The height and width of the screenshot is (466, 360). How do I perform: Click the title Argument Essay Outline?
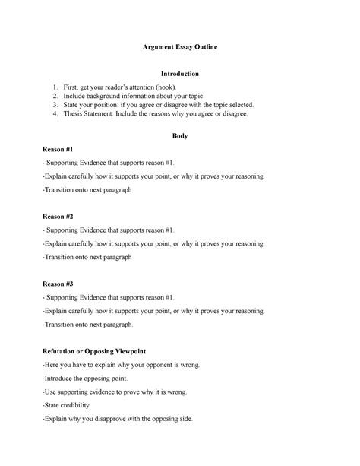coord(180,47)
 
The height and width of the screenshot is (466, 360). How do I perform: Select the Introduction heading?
coord(179,74)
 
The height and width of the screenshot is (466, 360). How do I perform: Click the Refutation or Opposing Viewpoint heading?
coord(94,351)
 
